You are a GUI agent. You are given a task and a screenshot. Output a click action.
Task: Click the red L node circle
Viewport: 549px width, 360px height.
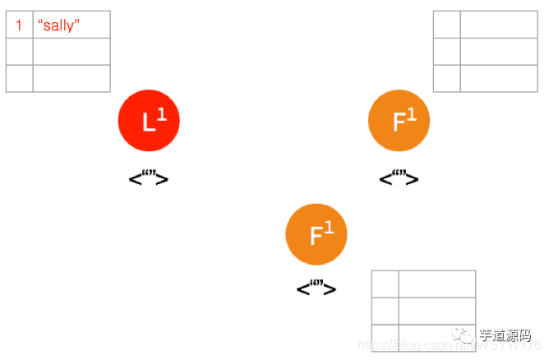click(x=149, y=121)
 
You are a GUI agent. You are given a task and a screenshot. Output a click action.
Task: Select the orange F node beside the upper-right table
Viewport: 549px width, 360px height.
click(x=399, y=121)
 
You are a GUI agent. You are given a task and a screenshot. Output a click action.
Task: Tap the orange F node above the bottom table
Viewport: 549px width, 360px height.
click(x=316, y=234)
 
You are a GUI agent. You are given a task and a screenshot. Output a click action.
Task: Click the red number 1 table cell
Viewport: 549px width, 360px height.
click(x=19, y=25)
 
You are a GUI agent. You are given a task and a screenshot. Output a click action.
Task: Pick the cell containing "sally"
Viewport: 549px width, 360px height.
click(x=71, y=25)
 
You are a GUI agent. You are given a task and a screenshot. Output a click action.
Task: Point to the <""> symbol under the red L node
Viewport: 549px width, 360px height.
click(x=149, y=178)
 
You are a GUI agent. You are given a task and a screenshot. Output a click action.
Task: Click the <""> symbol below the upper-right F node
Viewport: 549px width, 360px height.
click(x=399, y=178)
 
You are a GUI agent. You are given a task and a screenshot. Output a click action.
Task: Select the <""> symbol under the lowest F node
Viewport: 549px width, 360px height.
click(x=316, y=288)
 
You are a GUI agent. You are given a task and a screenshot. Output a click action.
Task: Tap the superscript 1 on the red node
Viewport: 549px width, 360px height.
click(x=162, y=115)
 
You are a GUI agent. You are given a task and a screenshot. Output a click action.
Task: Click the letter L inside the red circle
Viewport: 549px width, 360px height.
click(x=148, y=123)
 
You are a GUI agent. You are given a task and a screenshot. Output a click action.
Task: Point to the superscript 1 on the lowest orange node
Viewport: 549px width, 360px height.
click(x=329, y=228)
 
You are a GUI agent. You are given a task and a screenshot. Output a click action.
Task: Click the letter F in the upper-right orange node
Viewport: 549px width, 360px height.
click(x=399, y=123)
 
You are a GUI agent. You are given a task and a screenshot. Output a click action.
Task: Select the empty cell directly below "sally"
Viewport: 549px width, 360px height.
click(x=71, y=52)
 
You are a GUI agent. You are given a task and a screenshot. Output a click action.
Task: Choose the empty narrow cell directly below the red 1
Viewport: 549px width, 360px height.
click(x=19, y=52)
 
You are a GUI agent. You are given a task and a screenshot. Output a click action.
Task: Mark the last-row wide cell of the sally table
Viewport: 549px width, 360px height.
click(x=71, y=78)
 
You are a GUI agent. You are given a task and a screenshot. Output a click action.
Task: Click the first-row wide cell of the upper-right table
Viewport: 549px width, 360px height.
click(x=498, y=25)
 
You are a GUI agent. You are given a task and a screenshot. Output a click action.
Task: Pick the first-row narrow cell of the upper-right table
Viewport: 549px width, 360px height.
click(x=446, y=25)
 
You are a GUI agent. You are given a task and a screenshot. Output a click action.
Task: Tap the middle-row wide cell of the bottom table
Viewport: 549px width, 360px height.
click(x=436, y=311)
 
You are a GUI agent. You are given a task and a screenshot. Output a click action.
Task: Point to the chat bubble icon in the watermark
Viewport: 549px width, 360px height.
click(x=466, y=335)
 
